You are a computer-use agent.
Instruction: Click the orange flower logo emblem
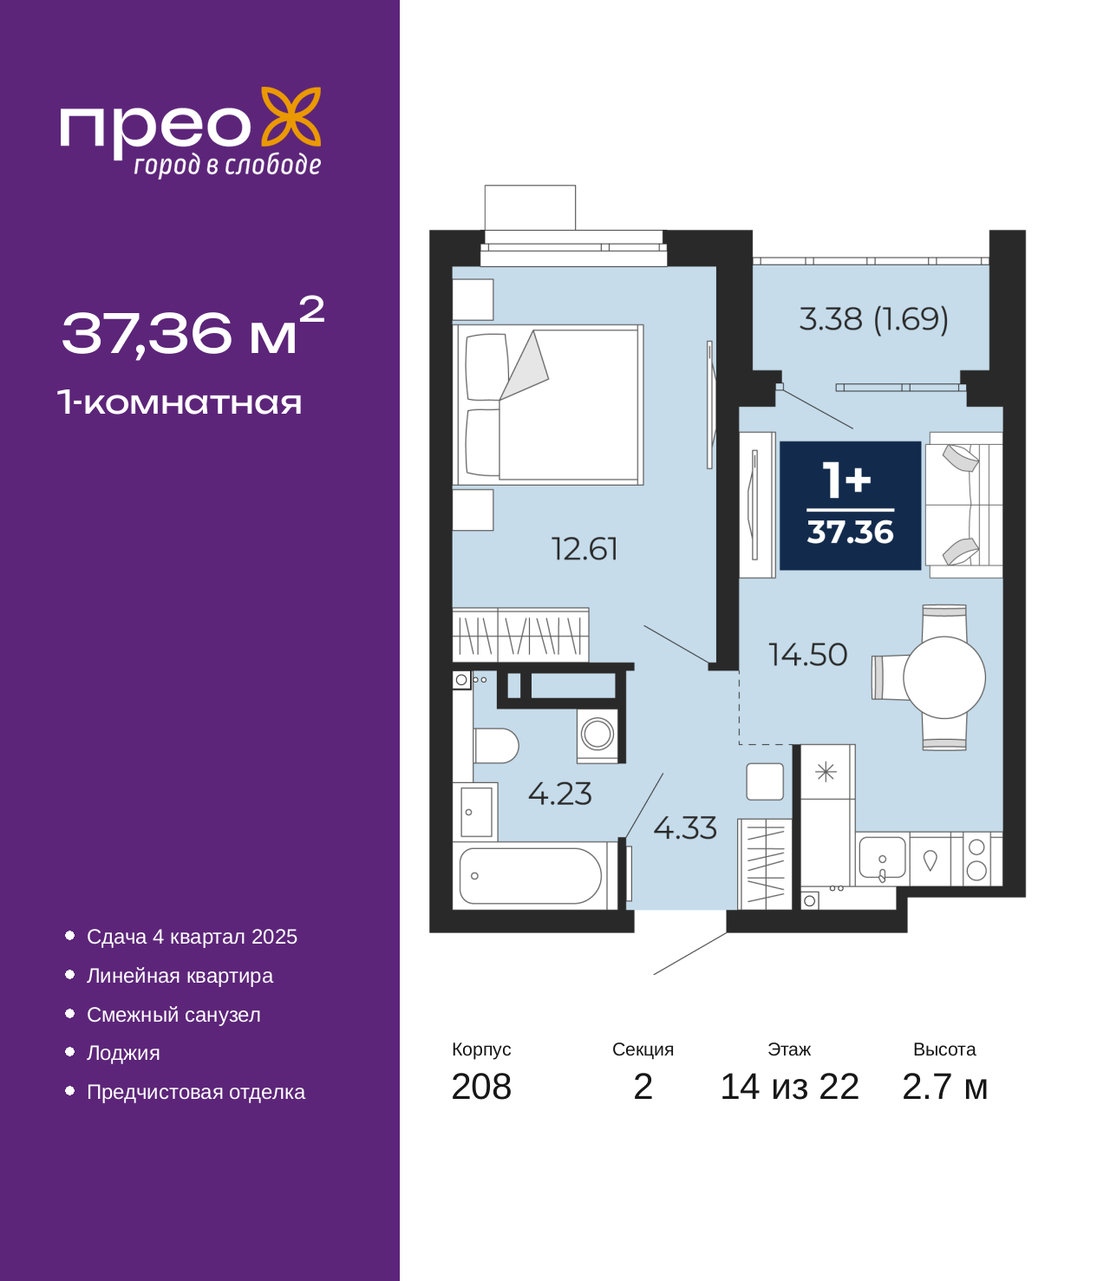tap(291, 116)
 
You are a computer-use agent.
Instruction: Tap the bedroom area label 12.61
tap(584, 549)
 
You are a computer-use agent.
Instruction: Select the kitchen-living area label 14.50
tap(807, 655)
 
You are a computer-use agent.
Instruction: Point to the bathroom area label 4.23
tap(559, 794)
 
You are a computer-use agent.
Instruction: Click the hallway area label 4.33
tap(685, 828)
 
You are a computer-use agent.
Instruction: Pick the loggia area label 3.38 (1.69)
tap(874, 319)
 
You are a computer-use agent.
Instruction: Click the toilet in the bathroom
tap(496, 746)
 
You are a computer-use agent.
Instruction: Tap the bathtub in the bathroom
tap(530, 876)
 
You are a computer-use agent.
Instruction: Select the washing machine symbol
tap(597, 735)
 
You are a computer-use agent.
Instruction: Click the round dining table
tap(943, 677)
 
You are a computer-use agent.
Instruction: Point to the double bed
tap(548, 405)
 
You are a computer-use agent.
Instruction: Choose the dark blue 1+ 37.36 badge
tap(850, 506)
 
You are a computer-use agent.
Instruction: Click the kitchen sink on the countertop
tap(882, 859)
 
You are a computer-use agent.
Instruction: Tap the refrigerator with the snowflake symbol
tap(827, 772)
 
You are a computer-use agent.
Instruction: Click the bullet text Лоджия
tap(123, 1053)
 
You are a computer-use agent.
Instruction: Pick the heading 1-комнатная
tap(180, 402)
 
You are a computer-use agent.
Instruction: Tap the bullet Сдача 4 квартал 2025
tap(193, 937)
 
